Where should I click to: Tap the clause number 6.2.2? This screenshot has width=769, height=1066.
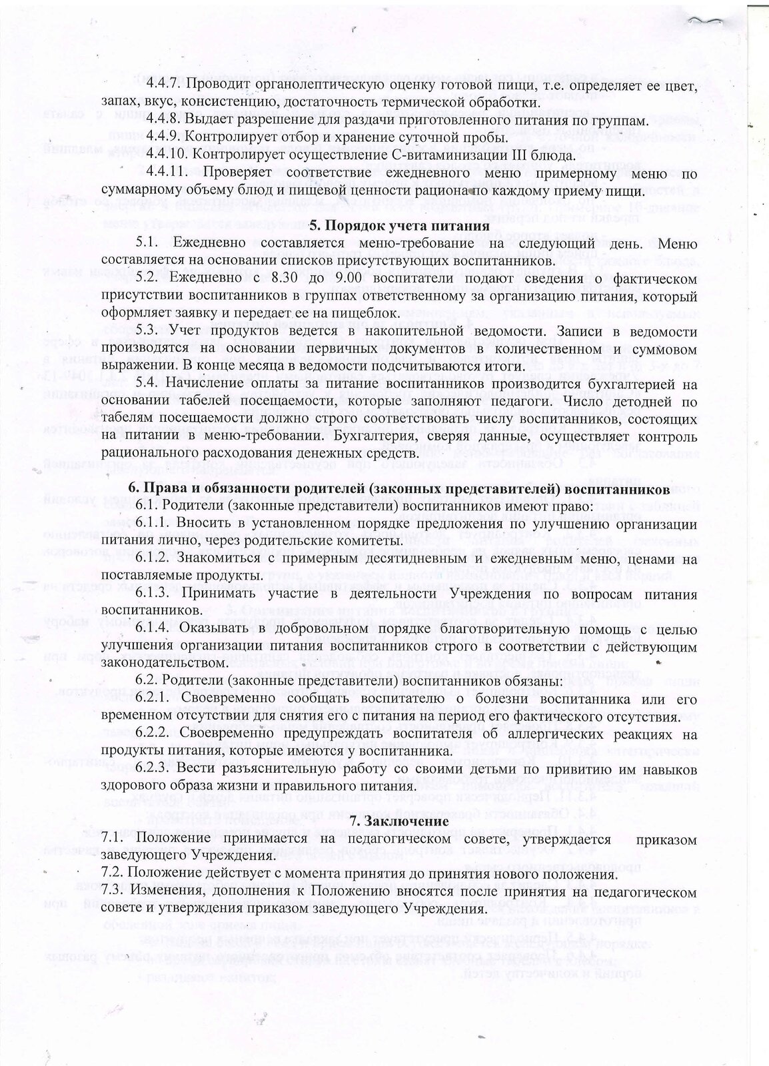(x=157, y=734)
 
